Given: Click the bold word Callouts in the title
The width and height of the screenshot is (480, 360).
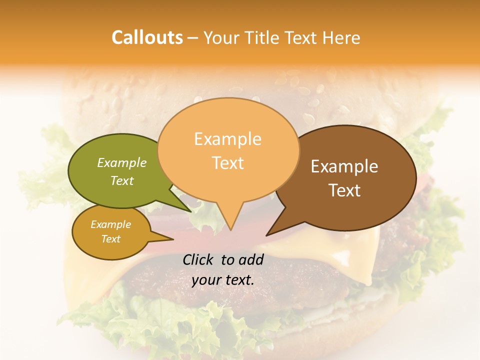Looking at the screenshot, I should pyautogui.click(x=147, y=37).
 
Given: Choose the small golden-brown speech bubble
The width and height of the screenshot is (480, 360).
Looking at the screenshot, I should pyautogui.click(x=111, y=232).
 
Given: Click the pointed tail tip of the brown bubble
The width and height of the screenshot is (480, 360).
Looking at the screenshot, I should pyautogui.click(x=267, y=235).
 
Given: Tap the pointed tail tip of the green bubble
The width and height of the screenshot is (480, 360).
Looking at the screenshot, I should pyautogui.click(x=190, y=211).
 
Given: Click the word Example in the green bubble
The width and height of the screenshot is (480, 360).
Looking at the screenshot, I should pyautogui.click(x=122, y=162).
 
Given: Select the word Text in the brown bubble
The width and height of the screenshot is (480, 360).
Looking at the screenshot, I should pyautogui.click(x=345, y=190).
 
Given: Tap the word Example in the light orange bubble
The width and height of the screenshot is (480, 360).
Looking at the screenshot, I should pyautogui.click(x=228, y=139).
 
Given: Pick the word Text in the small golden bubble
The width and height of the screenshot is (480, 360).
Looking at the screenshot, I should pyautogui.click(x=111, y=239).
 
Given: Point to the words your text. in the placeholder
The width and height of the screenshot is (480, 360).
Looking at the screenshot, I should pyautogui.click(x=223, y=280).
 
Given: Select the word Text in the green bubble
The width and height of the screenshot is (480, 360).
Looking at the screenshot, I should pyautogui.click(x=122, y=180).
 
